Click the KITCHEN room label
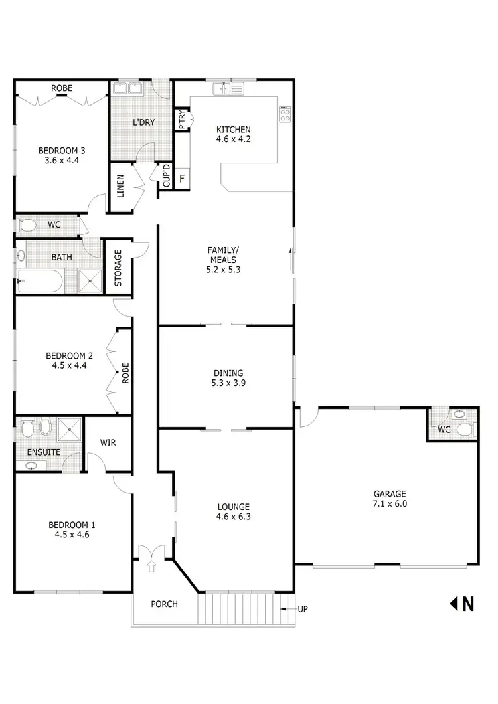tap(232, 130)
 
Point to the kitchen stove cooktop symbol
tap(286, 114)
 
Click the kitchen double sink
tap(229, 88)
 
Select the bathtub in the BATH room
tap(40, 281)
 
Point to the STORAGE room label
tap(118, 268)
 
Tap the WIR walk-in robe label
tap(108, 442)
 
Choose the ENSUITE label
tap(44, 452)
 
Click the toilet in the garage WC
tap(465, 430)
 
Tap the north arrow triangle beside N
tap(455, 604)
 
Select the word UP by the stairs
tap(303, 608)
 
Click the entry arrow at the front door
tap(150, 566)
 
